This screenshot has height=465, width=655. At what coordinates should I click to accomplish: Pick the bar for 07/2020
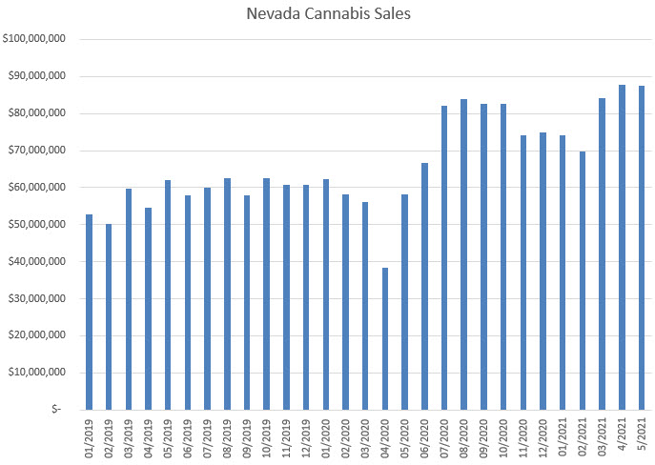click(444, 257)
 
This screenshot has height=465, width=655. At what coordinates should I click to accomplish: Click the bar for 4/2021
click(622, 247)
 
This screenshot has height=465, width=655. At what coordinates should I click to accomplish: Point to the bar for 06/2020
click(424, 286)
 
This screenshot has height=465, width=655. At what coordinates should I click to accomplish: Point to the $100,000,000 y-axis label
click(33, 39)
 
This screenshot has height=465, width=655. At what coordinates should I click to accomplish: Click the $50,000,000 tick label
click(35, 224)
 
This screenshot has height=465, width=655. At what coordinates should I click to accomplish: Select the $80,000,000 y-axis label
click(35, 113)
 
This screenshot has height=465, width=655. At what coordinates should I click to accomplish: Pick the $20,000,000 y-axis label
click(35, 335)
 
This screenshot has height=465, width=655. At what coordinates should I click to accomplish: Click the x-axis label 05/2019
click(168, 435)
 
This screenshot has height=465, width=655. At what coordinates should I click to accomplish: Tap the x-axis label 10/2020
click(503, 435)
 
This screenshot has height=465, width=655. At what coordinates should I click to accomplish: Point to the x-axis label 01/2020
click(326, 435)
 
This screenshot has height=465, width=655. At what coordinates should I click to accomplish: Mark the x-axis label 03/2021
click(603, 435)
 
